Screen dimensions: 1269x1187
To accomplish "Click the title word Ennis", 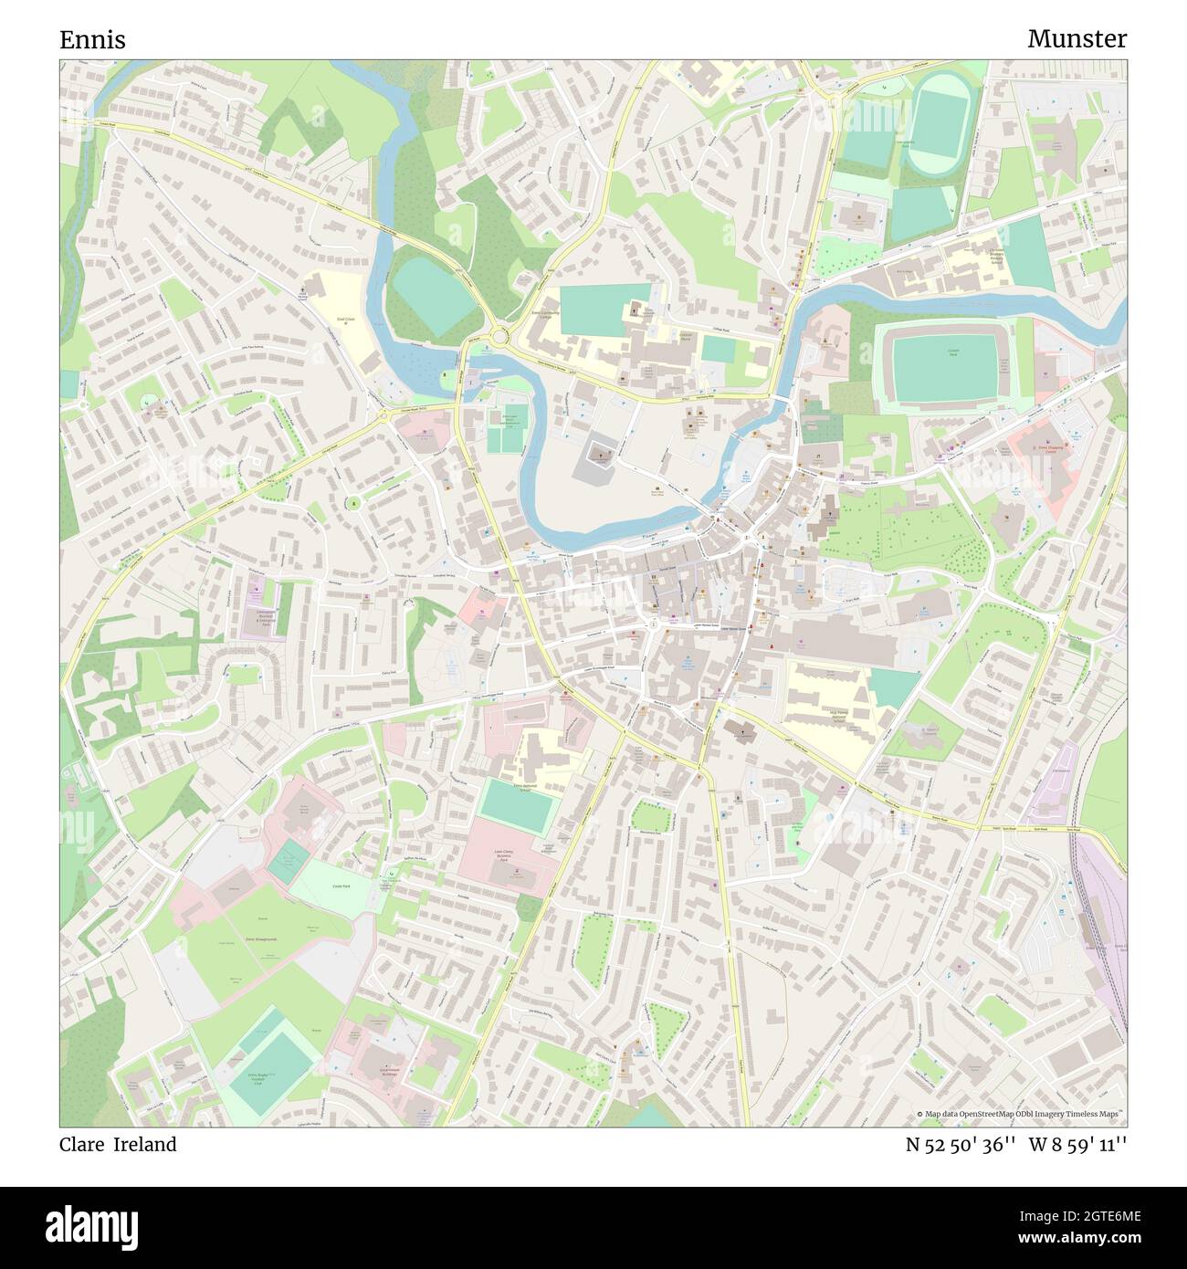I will coord(92,40).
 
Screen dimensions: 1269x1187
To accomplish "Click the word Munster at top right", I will coord(1077,39).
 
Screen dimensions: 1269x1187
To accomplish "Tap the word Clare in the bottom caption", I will coord(82,1145).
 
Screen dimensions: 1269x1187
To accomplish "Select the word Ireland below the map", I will coord(145,1145).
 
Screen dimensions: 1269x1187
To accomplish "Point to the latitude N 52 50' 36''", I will coord(959,1145).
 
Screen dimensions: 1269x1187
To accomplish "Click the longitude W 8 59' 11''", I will coord(1078,1145).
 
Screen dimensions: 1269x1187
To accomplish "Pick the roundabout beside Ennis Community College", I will coord(499,338).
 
